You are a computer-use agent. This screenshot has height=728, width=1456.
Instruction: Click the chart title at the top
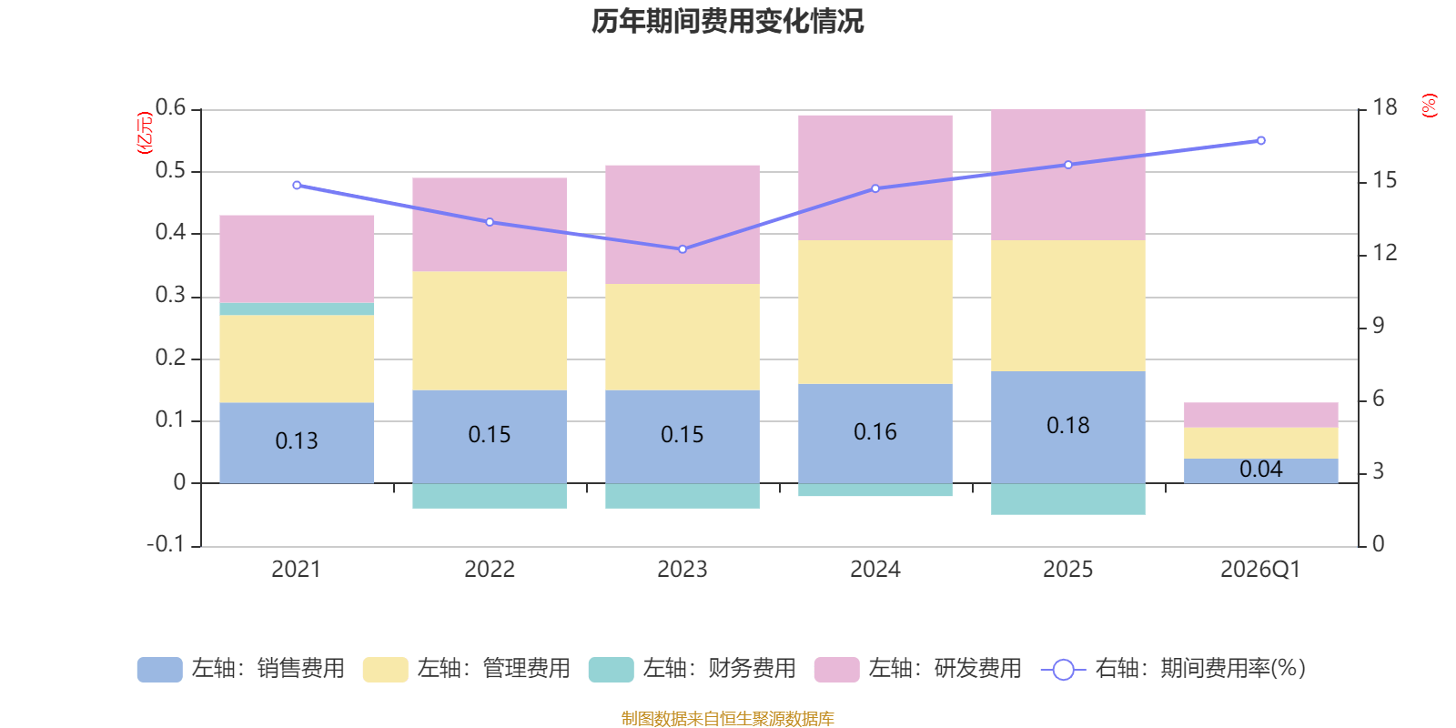(727, 21)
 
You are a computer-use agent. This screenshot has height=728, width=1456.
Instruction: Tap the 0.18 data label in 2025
(1067, 426)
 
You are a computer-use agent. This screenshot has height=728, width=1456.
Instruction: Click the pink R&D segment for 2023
(682, 224)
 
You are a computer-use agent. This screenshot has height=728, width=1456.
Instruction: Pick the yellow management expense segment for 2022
(490, 330)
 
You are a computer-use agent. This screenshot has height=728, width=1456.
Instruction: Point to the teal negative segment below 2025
(1067, 500)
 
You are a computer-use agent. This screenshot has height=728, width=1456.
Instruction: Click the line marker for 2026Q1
(1260, 141)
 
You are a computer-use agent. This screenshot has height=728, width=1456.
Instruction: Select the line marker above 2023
(682, 249)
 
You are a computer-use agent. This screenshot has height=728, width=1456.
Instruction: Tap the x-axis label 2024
(875, 570)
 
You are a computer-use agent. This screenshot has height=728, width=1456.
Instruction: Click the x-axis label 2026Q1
(1260, 570)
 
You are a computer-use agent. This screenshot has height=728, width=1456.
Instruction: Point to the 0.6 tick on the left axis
(170, 108)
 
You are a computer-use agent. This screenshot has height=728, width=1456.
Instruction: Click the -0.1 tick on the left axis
(166, 544)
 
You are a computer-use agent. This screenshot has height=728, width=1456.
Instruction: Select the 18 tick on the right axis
(1384, 108)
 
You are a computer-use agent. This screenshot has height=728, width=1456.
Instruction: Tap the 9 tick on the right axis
(1378, 326)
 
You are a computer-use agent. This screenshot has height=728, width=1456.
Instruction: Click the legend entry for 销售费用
(241, 669)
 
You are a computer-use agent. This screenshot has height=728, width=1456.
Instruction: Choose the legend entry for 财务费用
(693, 669)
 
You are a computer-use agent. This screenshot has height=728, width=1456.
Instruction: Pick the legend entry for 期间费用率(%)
(1174, 669)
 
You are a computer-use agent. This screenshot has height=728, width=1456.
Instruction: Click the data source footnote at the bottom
(727, 719)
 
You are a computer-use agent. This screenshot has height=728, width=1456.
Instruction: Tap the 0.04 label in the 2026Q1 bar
(1260, 470)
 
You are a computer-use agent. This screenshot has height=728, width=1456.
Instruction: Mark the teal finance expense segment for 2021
(297, 309)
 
